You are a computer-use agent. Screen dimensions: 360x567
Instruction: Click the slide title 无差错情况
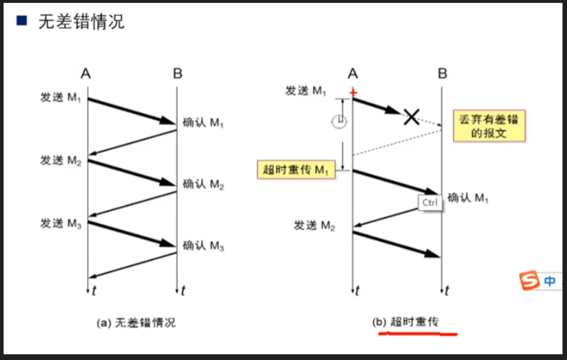[x=81, y=21]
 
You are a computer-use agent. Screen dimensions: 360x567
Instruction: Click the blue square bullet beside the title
[x=22, y=21]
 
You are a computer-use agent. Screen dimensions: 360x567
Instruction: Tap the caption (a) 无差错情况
[x=136, y=323]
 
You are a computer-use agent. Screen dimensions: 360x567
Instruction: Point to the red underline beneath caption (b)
[x=418, y=332]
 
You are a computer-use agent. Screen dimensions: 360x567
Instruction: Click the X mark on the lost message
[x=411, y=117]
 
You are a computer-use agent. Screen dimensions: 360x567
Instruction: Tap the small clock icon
[x=339, y=122]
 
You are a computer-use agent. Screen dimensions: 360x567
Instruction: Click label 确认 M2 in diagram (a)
[x=203, y=185]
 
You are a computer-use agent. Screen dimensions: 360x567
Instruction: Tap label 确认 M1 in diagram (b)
[x=469, y=198]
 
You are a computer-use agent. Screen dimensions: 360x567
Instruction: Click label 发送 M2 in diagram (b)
[x=314, y=226]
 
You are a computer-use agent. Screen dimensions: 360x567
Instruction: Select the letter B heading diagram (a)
[x=177, y=73]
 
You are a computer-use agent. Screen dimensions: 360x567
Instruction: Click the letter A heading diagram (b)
[x=353, y=73]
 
